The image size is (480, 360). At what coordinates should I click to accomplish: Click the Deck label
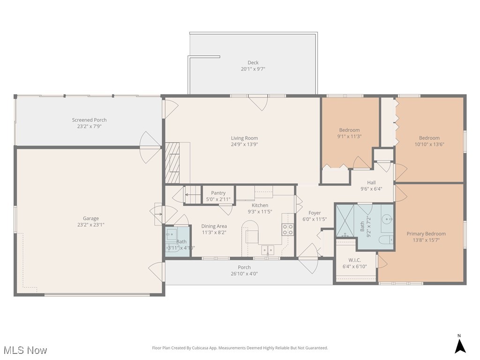coord(253,62)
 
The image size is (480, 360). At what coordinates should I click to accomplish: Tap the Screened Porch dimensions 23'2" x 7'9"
coord(89,126)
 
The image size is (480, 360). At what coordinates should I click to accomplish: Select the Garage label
coord(90,218)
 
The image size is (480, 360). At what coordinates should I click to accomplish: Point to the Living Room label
coord(244,138)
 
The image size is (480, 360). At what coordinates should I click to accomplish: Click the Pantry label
coord(218,193)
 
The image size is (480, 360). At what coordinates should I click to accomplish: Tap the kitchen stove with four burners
coord(288,230)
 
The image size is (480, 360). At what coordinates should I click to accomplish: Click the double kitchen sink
coord(268,250)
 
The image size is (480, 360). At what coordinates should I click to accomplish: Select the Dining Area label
coord(214,226)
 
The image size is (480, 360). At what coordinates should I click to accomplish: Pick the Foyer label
coord(315,213)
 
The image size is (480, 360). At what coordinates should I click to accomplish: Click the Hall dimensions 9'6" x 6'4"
coord(371,189)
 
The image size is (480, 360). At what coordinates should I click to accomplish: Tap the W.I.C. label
coord(354,260)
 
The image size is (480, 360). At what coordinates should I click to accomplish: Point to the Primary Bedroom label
coord(426,233)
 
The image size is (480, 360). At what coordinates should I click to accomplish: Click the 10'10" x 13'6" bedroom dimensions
coord(429,144)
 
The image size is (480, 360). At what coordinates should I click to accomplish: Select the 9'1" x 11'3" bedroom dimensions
coord(349,136)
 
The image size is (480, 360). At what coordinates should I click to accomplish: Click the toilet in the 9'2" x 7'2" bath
coord(386,240)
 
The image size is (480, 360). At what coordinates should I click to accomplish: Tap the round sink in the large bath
coord(387,219)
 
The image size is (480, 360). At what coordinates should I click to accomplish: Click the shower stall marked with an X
coord(345,220)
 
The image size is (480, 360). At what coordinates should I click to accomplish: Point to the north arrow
coord(460,346)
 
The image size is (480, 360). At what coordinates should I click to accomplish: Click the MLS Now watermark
coord(25,350)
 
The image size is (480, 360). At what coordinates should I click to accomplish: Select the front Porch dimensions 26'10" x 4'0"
coord(244,274)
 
